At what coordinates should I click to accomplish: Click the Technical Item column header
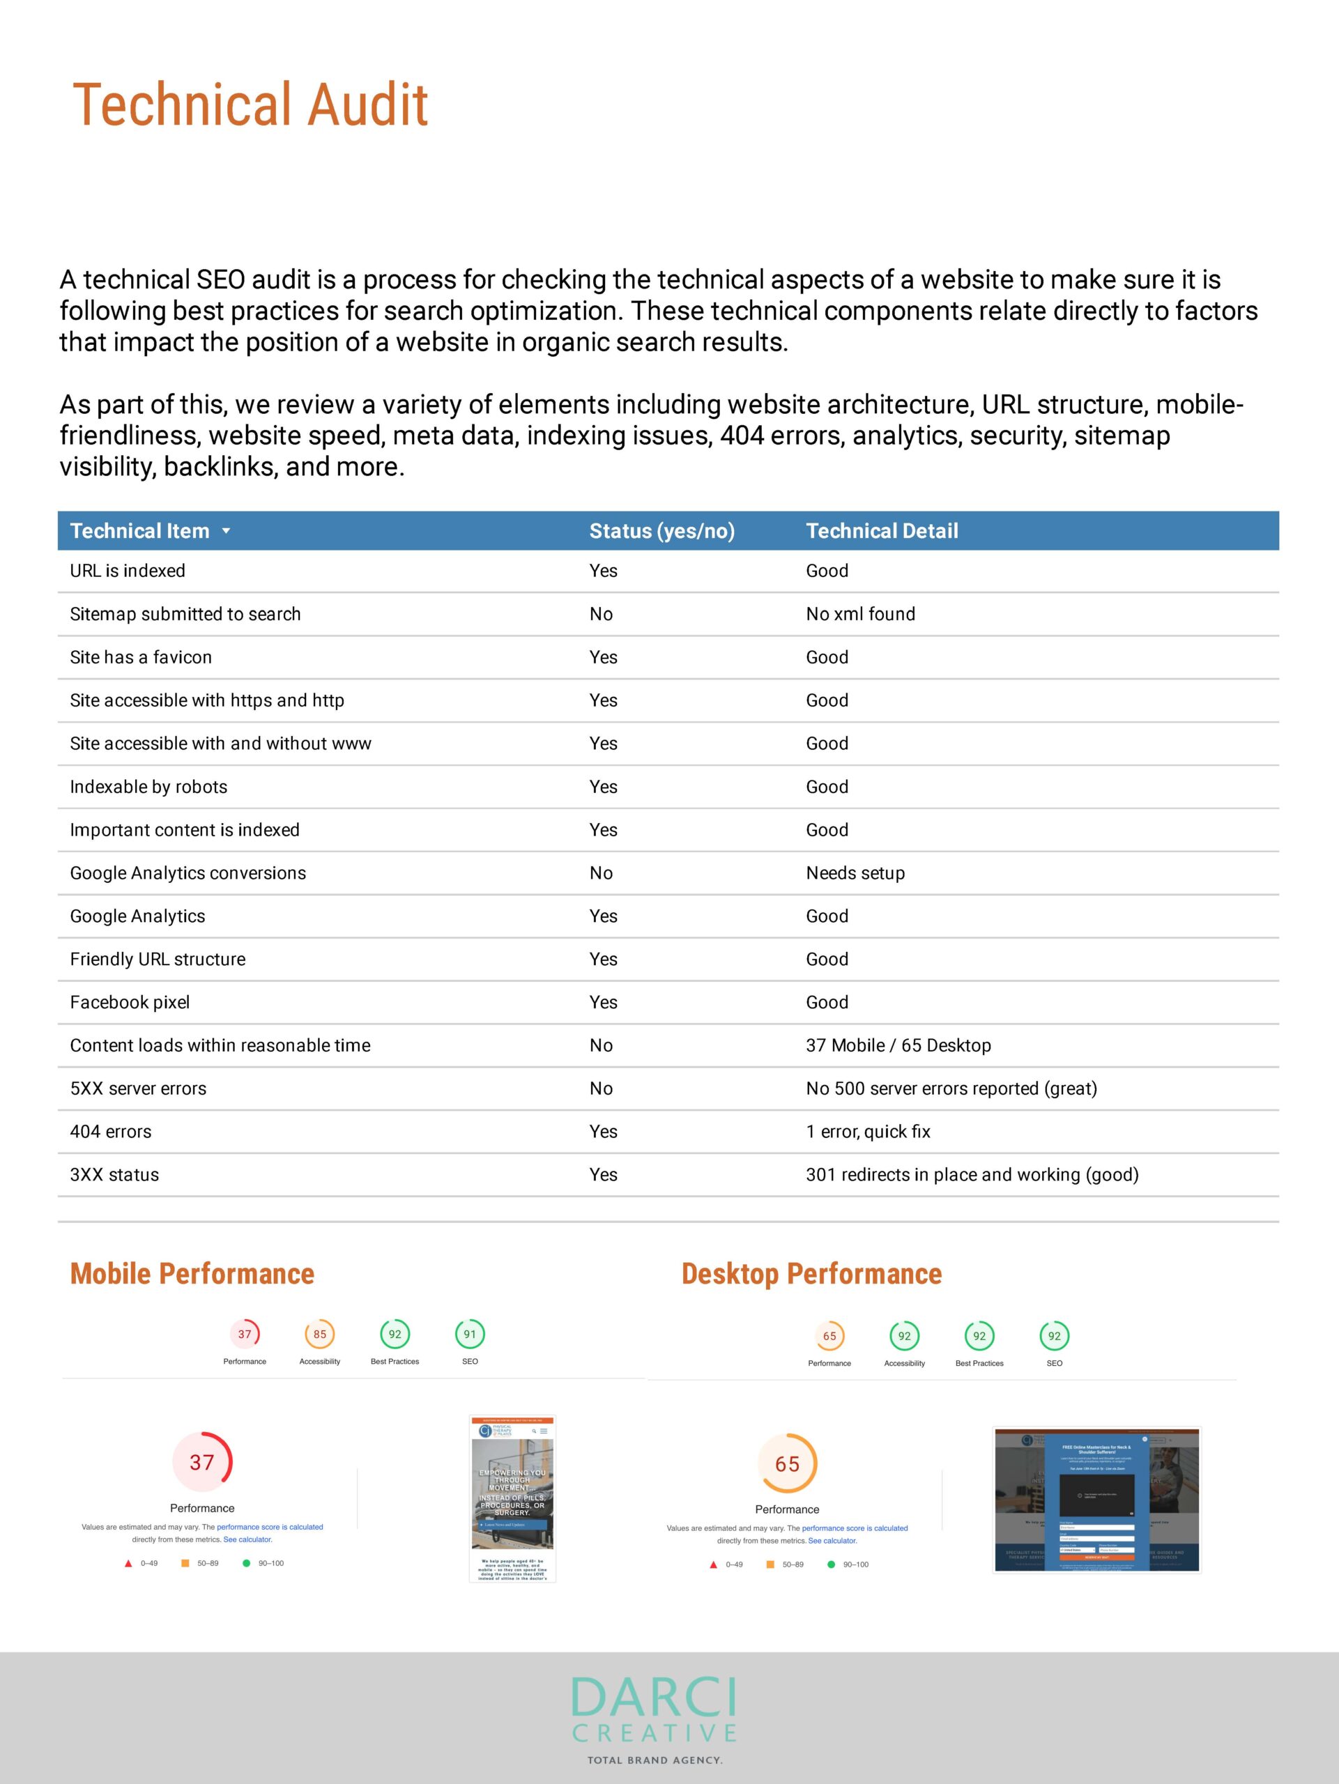coord(139,531)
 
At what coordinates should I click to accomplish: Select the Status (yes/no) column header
coord(661,531)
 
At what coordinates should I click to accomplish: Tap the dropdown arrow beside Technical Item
coord(226,531)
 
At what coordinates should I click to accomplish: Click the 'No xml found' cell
coord(860,614)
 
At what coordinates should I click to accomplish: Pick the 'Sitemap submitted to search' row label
coord(185,614)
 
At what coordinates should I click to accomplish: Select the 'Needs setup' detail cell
coord(855,872)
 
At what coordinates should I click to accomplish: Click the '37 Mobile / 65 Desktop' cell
coord(898,1045)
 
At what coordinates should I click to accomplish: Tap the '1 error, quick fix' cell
coord(868,1132)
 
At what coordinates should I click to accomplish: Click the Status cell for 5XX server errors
coord(601,1089)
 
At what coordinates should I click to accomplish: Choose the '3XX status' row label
coord(114,1175)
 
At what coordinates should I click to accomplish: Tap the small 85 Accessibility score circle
coord(319,1334)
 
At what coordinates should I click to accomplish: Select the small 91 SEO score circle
coord(470,1334)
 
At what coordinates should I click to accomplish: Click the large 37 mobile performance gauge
coord(201,1462)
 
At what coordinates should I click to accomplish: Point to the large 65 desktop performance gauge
coord(786,1464)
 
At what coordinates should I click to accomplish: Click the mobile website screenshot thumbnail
coord(512,1498)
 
